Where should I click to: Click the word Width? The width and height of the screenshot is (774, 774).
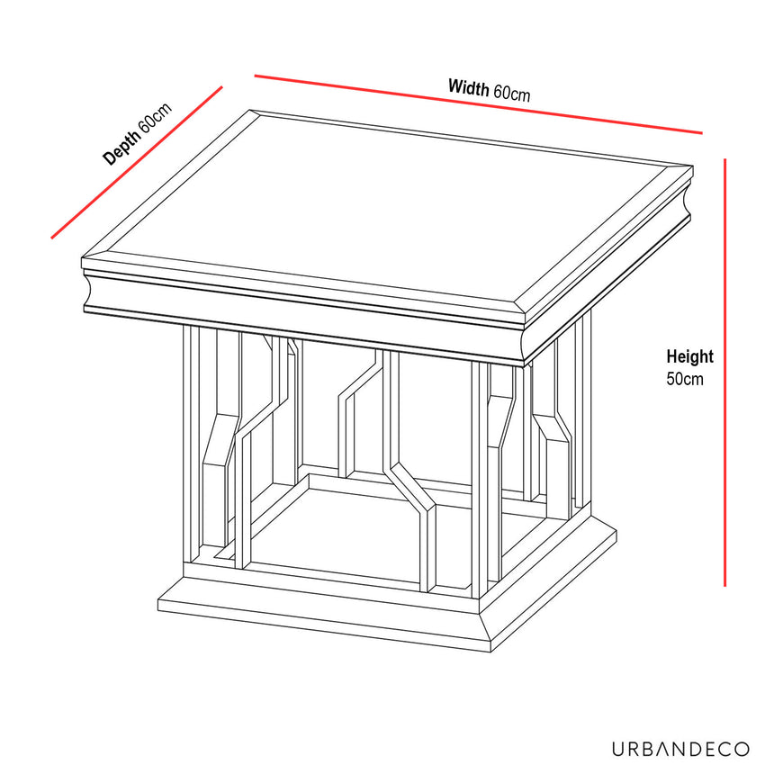[468, 87]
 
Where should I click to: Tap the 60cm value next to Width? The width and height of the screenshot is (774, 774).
[510, 93]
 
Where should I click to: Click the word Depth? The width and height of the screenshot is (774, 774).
[122, 148]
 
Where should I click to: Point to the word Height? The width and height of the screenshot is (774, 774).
[689, 357]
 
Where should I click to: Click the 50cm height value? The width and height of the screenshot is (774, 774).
[685, 379]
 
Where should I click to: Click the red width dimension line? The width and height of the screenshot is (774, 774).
[478, 104]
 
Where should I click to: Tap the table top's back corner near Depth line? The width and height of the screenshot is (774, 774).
[250, 112]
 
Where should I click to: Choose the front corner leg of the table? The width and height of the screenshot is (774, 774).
[480, 477]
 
